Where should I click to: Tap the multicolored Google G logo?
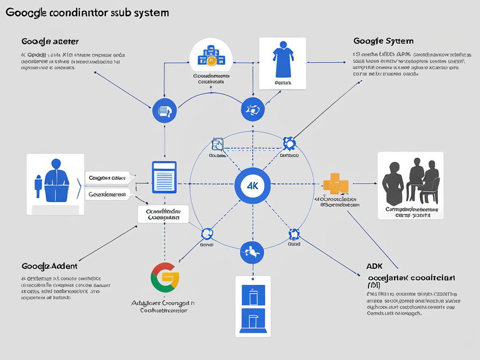pyautogui.click(x=165, y=277)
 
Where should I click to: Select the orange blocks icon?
pyautogui.click(x=336, y=183)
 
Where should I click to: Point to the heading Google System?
pyautogui.click(x=383, y=41)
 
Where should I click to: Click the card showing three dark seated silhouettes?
pyautogui.click(x=411, y=185)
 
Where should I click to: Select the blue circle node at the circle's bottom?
pyautogui.click(x=252, y=252)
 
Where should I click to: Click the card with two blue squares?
pyautogui.click(x=253, y=306)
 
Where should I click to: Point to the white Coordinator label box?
pyautogui.click(x=163, y=214)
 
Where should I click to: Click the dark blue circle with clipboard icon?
pyautogui.click(x=164, y=111)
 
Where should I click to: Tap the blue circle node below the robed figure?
pyautogui.click(x=253, y=110)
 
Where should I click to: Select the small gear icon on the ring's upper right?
pyautogui.click(x=289, y=143)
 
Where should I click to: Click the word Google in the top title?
pyautogui.click(x=26, y=13)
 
